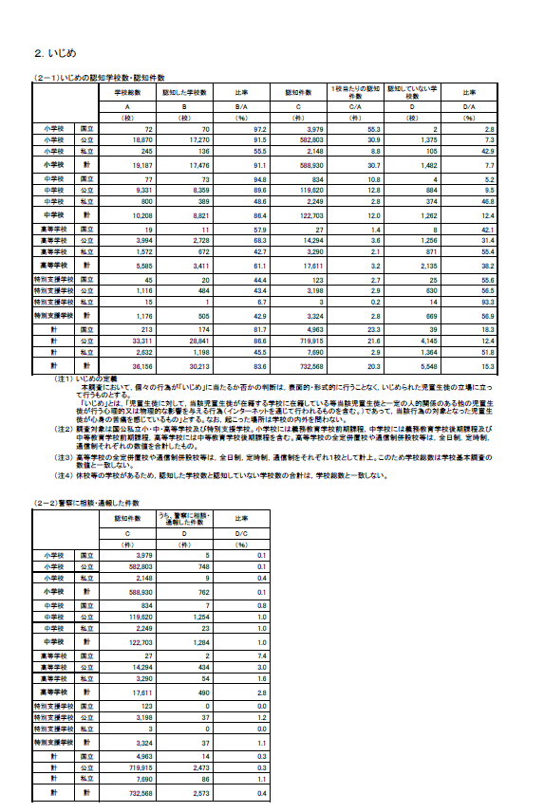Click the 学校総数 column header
127,92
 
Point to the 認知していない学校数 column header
410,92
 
